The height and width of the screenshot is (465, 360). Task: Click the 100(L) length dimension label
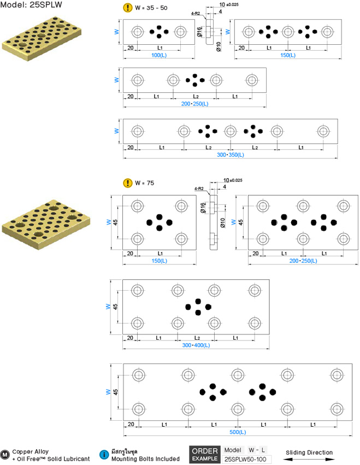tap(159, 55)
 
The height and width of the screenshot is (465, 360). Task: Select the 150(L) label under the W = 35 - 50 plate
tap(288, 55)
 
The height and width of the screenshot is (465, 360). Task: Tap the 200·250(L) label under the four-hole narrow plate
tap(195, 104)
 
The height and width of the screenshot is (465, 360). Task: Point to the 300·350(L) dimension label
tap(231, 155)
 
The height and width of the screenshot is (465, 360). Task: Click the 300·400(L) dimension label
tap(196, 345)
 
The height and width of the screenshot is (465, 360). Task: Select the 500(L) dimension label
tap(238, 432)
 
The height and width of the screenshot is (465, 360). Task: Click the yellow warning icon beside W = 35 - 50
tap(127, 8)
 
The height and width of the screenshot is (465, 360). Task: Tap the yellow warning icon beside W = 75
tap(127, 183)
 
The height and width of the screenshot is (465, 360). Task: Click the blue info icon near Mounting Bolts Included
tap(104, 455)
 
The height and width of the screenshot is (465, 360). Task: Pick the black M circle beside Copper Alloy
tap(5, 455)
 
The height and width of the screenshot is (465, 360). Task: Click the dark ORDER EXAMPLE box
tap(205, 454)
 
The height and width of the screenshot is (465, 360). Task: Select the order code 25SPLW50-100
tap(245, 459)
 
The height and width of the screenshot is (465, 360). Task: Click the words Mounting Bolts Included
tap(146, 459)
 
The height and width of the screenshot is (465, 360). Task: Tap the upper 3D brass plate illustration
tap(42, 39)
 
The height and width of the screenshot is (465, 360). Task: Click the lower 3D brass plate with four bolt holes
tap(46, 225)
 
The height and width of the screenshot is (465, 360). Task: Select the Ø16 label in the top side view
tap(199, 32)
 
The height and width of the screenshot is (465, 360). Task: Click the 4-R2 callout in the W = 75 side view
tap(199, 189)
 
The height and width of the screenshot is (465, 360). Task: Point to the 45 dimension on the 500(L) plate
tap(115, 392)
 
